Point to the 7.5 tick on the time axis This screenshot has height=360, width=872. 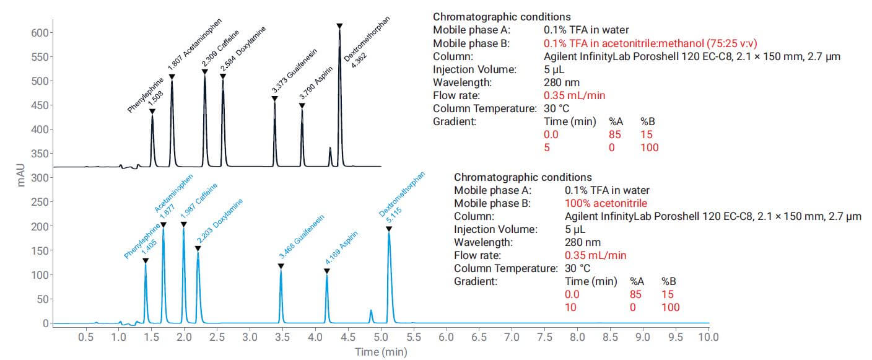click(x=544, y=338)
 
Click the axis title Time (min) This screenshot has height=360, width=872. click(x=381, y=352)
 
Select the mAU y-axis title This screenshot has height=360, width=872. click(x=22, y=177)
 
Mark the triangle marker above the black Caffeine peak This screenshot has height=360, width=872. click(x=205, y=72)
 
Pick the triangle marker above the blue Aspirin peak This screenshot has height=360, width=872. click(x=327, y=271)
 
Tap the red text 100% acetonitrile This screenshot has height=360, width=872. click(x=606, y=203)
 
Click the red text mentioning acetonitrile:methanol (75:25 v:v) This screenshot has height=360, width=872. click(x=651, y=43)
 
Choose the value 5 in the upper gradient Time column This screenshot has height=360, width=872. click(x=546, y=147)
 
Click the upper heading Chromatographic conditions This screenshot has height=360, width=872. click(x=502, y=17)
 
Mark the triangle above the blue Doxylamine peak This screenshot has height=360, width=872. click(x=198, y=248)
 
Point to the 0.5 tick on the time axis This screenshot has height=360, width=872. click(x=85, y=338)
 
